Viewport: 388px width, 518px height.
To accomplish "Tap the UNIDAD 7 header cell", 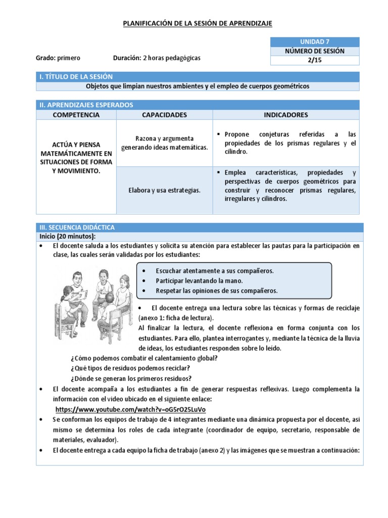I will (x=315, y=41).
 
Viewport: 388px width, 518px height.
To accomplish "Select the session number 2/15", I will (x=315, y=61).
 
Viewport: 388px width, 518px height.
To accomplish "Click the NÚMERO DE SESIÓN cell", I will (x=315, y=51).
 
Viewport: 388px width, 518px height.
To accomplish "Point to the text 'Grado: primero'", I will (x=58, y=58).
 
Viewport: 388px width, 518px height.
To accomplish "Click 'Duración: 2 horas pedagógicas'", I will (x=157, y=58).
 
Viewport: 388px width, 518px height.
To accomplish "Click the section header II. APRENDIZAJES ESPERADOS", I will (x=86, y=105).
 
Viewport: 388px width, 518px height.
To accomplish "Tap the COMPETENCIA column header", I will (x=76, y=115).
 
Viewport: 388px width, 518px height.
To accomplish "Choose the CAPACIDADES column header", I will (x=164, y=115).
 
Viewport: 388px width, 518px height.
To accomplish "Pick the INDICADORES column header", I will (x=285, y=115).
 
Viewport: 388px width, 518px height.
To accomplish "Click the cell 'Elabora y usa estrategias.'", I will (x=164, y=190).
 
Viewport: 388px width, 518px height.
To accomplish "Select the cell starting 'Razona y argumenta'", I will (x=164, y=143).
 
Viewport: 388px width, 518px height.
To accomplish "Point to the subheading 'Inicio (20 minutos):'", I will (x=68, y=236).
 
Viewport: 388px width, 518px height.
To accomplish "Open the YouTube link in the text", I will (x=130, y=409).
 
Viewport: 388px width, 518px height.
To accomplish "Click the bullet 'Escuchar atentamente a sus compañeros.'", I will (x=215, y=271).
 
